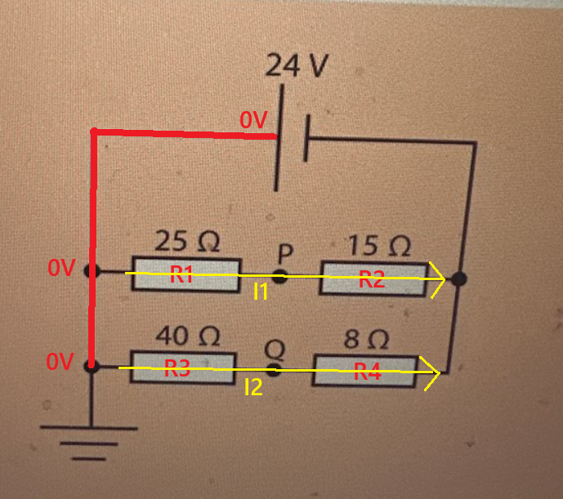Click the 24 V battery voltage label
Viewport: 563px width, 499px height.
[x=297, y=65]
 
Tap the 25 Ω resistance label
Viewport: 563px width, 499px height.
[x=187, y=241]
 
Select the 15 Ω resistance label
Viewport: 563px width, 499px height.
[x=379, y=245]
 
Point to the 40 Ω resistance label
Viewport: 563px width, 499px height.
[x=187, y=336]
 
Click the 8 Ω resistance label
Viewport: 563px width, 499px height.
[x=366, y=339]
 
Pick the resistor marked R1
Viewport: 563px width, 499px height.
[x=185, y=274]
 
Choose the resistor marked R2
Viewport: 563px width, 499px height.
[x=373, y=279]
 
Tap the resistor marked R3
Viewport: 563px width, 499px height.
[x=183, y=368]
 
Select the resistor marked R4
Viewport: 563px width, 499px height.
[x=365, y=372]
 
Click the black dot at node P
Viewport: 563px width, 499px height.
[x=279, y=276]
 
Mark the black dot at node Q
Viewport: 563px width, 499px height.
[x=274, y=370]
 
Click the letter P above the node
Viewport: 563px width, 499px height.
[x=286, y=253]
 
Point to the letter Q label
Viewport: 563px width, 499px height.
[x=275, y=350]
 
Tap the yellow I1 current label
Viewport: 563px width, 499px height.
[x=261, y=292]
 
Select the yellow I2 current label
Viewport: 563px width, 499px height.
[x=253, y=387]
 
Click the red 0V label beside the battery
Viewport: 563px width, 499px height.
[x=253, y=119]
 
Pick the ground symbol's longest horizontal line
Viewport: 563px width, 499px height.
[x=89, y=428]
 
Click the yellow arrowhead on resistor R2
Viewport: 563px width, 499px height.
[x=437, y=279]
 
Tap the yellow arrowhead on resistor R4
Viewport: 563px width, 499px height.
[x=431, y=373]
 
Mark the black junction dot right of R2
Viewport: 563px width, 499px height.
[x=459, y=279]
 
